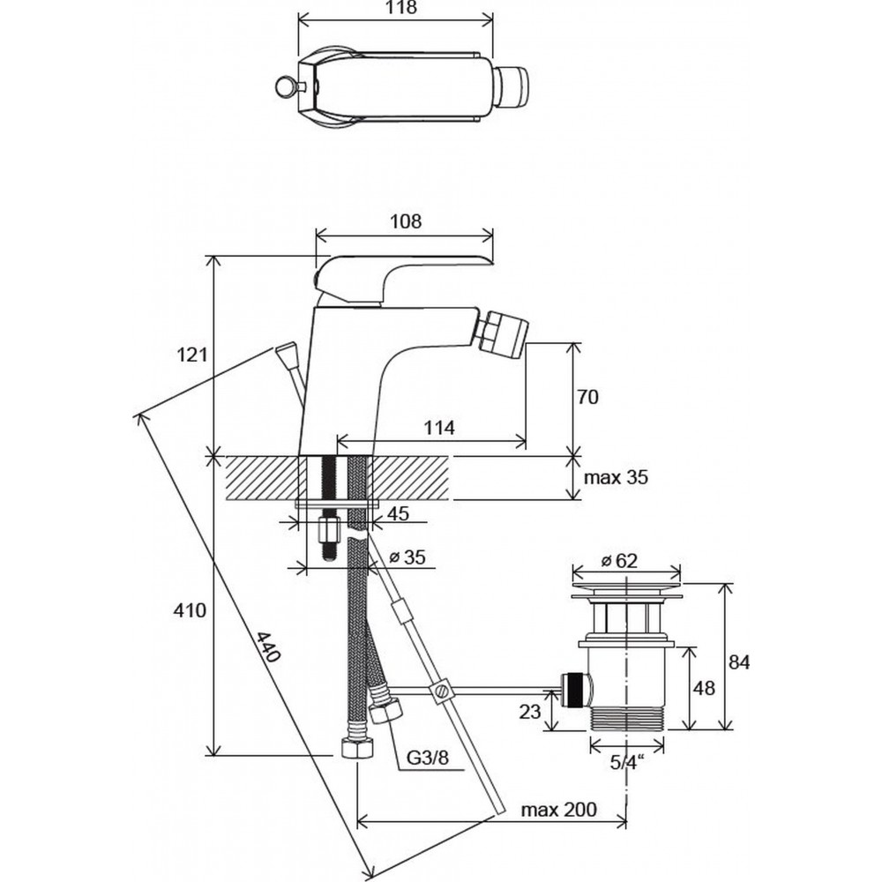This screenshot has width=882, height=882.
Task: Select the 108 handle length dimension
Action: click(405, 222)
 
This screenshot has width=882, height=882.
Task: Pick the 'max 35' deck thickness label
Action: click(616, 478)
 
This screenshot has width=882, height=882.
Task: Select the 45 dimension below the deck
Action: click(398, 514)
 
